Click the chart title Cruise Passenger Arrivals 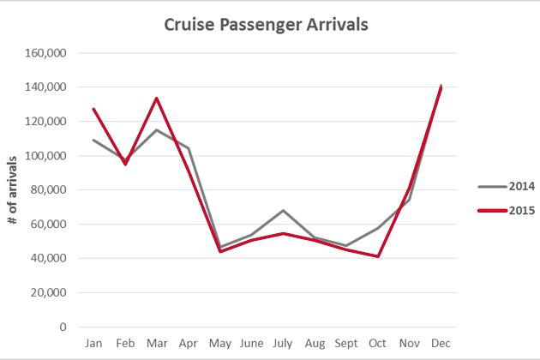pos(267,24)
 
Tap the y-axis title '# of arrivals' pos(13,190)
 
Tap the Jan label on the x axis pos(93,344)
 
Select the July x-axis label pos(283,344)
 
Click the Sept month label pos(346,344)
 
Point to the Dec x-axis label pos(441,344)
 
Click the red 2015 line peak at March pos(157,98)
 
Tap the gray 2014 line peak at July pos(283,210)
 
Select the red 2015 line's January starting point pos(93,109)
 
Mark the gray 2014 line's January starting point pos(93,140)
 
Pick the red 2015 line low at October pos(378,256)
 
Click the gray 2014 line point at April pos(189,148)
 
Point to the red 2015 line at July pos(283,233)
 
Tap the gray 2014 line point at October pos(378,228)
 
